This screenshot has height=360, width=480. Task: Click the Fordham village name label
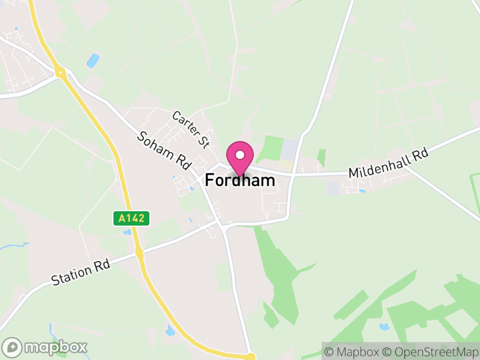[240, 180]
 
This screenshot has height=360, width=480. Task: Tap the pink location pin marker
[240, 157]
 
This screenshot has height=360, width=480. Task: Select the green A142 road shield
[131, 218]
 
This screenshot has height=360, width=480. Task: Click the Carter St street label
[190, 129]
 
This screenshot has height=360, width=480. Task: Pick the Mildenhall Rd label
[389, 163]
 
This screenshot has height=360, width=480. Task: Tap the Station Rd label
[80, 271]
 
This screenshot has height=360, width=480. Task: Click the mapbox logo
[46, 347]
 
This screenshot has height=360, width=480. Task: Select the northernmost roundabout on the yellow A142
[60, 73]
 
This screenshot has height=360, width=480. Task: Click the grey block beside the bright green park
[289, 149]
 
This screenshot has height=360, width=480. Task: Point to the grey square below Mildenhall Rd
[333, 187]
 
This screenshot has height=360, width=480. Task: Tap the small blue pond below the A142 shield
[127, 232]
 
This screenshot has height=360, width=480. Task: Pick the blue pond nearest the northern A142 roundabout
[93, 60]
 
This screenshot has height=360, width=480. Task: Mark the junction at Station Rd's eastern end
[221, 226]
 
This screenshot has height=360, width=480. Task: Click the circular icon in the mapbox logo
[13, 347]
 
